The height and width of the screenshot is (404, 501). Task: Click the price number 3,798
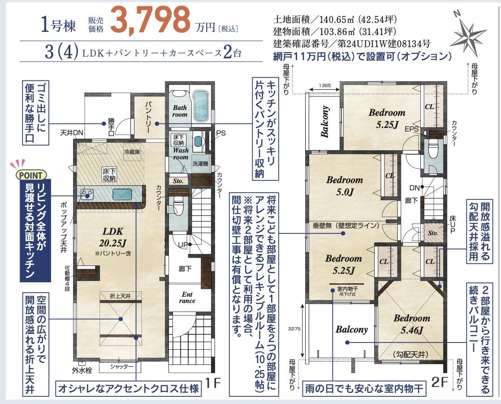click(150, 20)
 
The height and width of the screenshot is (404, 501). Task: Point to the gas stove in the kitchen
click(86, 194)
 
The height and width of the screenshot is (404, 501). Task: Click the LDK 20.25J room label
click(113, 237)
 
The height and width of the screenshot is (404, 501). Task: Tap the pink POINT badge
click(31, 176)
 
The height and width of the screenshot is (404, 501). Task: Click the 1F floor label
click(213, 382)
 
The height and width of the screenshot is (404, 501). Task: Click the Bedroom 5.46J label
click(412, 324)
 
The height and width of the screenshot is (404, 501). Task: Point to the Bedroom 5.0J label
click(345, 186)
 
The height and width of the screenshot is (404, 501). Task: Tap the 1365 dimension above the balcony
click(324, 85)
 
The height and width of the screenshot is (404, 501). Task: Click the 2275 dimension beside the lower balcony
click(294, 329)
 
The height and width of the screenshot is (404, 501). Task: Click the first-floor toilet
click(177, 204)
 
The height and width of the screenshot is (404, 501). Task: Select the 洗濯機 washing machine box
click(200, 163)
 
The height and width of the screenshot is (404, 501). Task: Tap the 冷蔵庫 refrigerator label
click(132, 152)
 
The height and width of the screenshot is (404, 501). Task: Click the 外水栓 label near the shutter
click(82, 370)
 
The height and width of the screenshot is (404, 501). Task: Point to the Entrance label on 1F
click(187, 298)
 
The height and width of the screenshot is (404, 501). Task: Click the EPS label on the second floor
click(411, 129)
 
